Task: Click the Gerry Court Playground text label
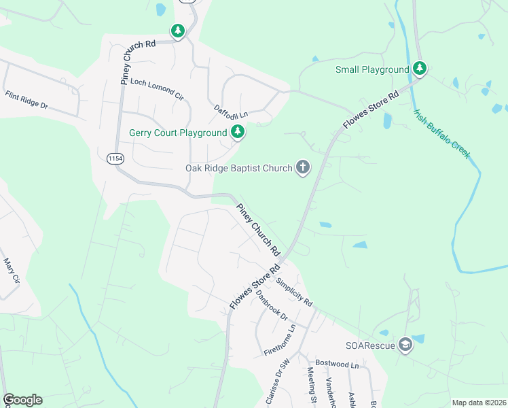click(179, 133)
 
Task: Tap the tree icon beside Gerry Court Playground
click(237, 132)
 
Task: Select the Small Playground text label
click(372, 69)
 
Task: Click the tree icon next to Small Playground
click(420, 69)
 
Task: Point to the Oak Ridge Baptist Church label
click(238, 168)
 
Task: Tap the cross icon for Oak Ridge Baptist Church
click(303, 167)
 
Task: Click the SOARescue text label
click(369, 345)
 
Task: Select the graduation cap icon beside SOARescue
click(405, 345)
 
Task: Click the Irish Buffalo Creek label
click(441, 133)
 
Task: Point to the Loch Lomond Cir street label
click(157, 89)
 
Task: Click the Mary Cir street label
click(12, 270)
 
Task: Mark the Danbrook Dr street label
click(272, 306)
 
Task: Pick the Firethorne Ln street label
click(280, 341)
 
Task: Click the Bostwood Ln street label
click(337, 365)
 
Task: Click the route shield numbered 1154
click(115, 158)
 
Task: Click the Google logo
click(22, 400)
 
